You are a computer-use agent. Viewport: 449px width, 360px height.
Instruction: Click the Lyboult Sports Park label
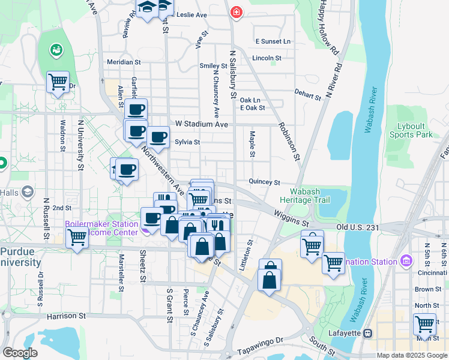[x=415, y=130]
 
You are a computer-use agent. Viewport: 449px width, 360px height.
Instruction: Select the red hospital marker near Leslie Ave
[x=237, y=12]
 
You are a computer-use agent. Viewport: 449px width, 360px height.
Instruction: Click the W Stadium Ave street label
[x=202, y=124]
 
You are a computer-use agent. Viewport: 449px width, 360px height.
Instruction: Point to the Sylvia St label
[x=187, y=142]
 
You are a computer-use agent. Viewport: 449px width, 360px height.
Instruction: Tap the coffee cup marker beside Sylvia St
[x=158, y=137]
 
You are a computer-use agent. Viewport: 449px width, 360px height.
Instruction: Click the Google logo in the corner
[x=20, y=353]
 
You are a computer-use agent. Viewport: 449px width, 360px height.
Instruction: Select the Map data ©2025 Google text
[x=412, y=355]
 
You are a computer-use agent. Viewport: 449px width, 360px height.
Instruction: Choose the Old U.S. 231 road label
[x=359, y=227]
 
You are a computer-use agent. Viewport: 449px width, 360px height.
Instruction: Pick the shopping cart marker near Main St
[x=424, y=324]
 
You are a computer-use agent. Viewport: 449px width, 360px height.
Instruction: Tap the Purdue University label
[x=21, y=257]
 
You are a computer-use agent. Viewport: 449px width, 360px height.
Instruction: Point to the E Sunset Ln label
[x=273, y=41]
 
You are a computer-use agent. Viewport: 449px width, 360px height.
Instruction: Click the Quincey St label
[x=265, y=182]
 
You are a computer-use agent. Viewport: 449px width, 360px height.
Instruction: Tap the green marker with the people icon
[x=58, y=49]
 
